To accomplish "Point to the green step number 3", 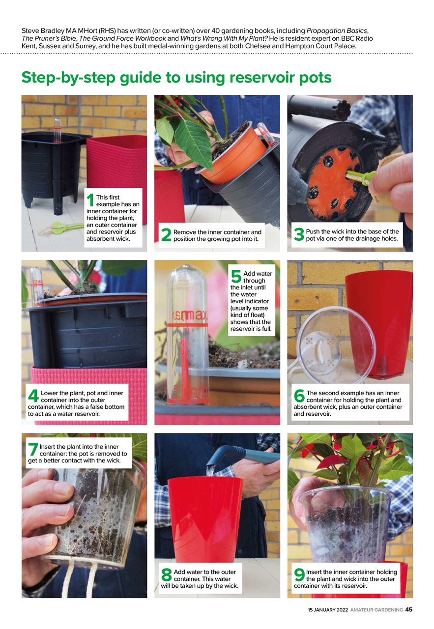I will [x=299, y=235].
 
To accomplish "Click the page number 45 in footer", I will [x=409, y=610].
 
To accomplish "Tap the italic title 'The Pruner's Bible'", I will [x=49, y=38].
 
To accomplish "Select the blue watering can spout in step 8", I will [x=236, y=453].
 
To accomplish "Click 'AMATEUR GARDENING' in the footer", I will [x=376, y=610].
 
